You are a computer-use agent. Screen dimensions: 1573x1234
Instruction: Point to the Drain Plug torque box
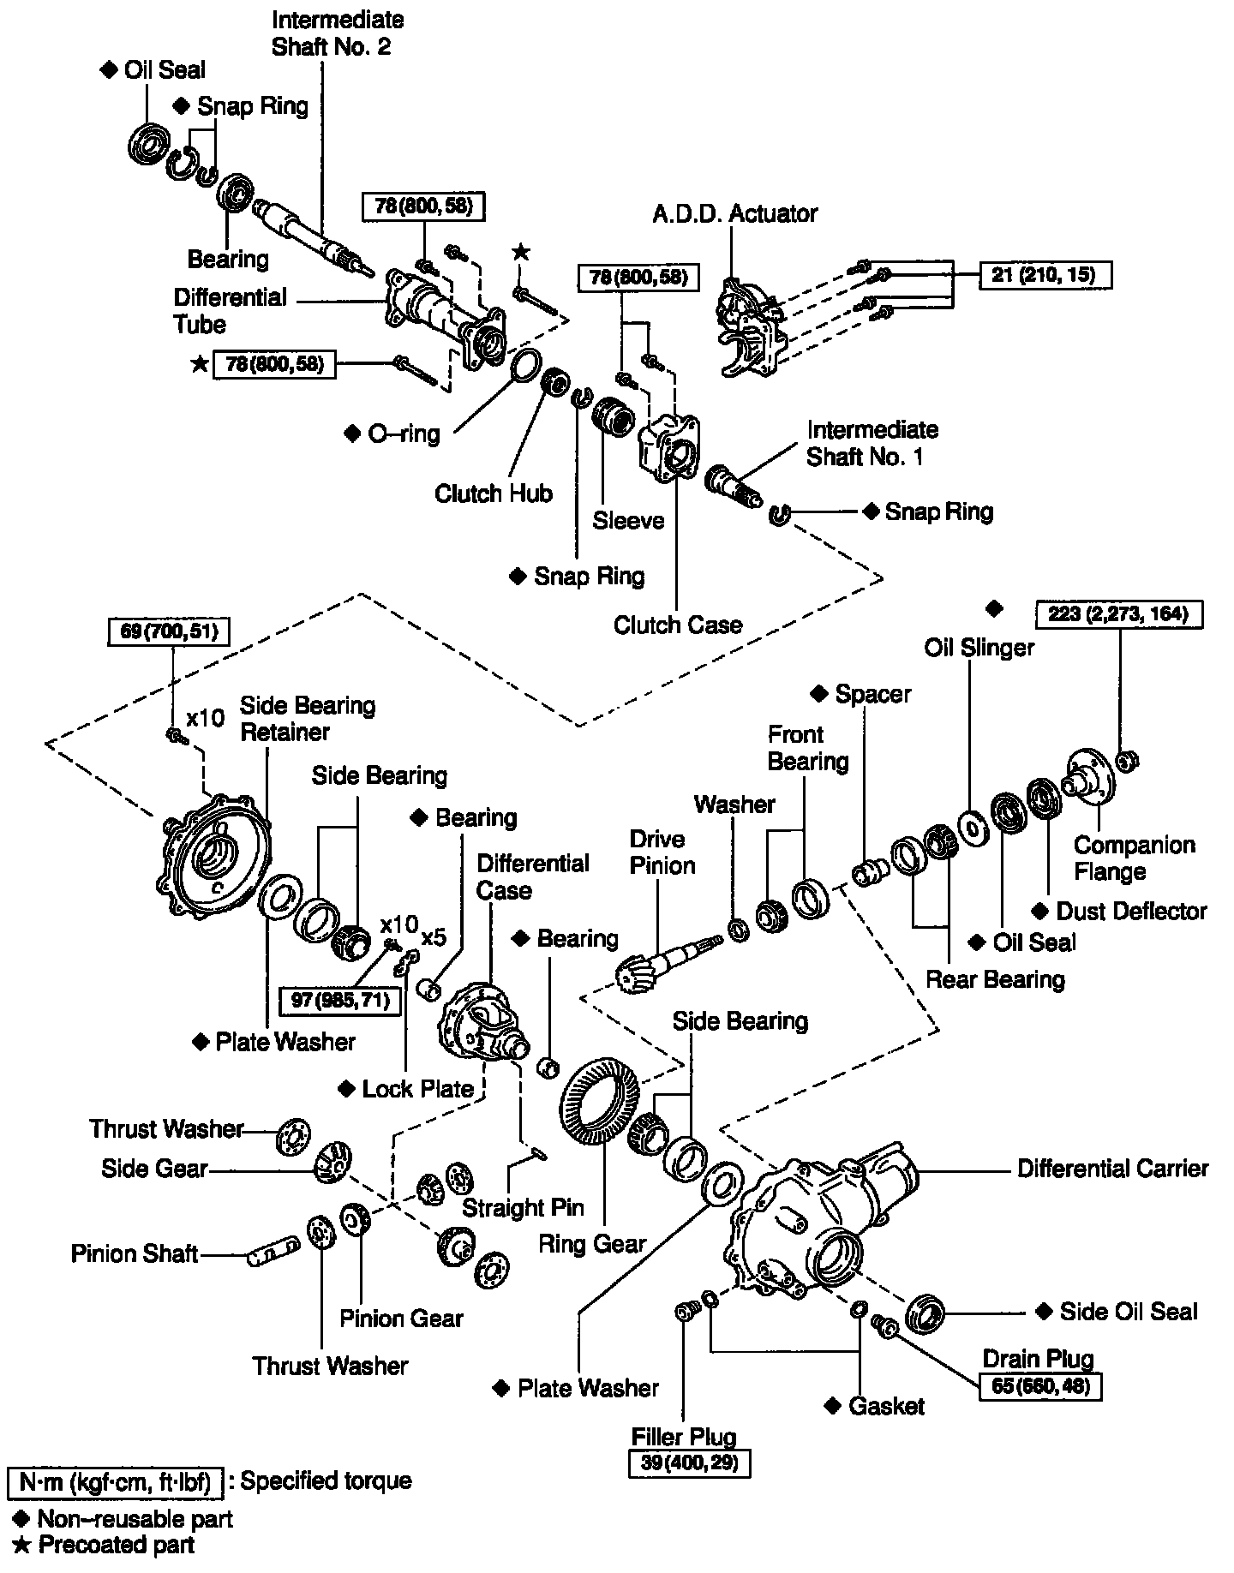(x=1039, y=1385)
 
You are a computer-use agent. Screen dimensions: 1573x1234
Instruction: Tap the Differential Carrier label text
(x=1112, y=1169)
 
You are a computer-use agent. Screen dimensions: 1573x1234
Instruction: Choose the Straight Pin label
(x=523, y=1207)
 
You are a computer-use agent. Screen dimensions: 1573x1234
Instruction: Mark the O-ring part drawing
(x=524, y=366)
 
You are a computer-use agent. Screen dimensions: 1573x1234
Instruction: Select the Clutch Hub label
(x=493, y=493)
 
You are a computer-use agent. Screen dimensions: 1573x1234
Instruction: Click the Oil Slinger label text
(x=979, y=648)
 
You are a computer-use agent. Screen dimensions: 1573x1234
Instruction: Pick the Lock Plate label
(x=417, y=1089)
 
